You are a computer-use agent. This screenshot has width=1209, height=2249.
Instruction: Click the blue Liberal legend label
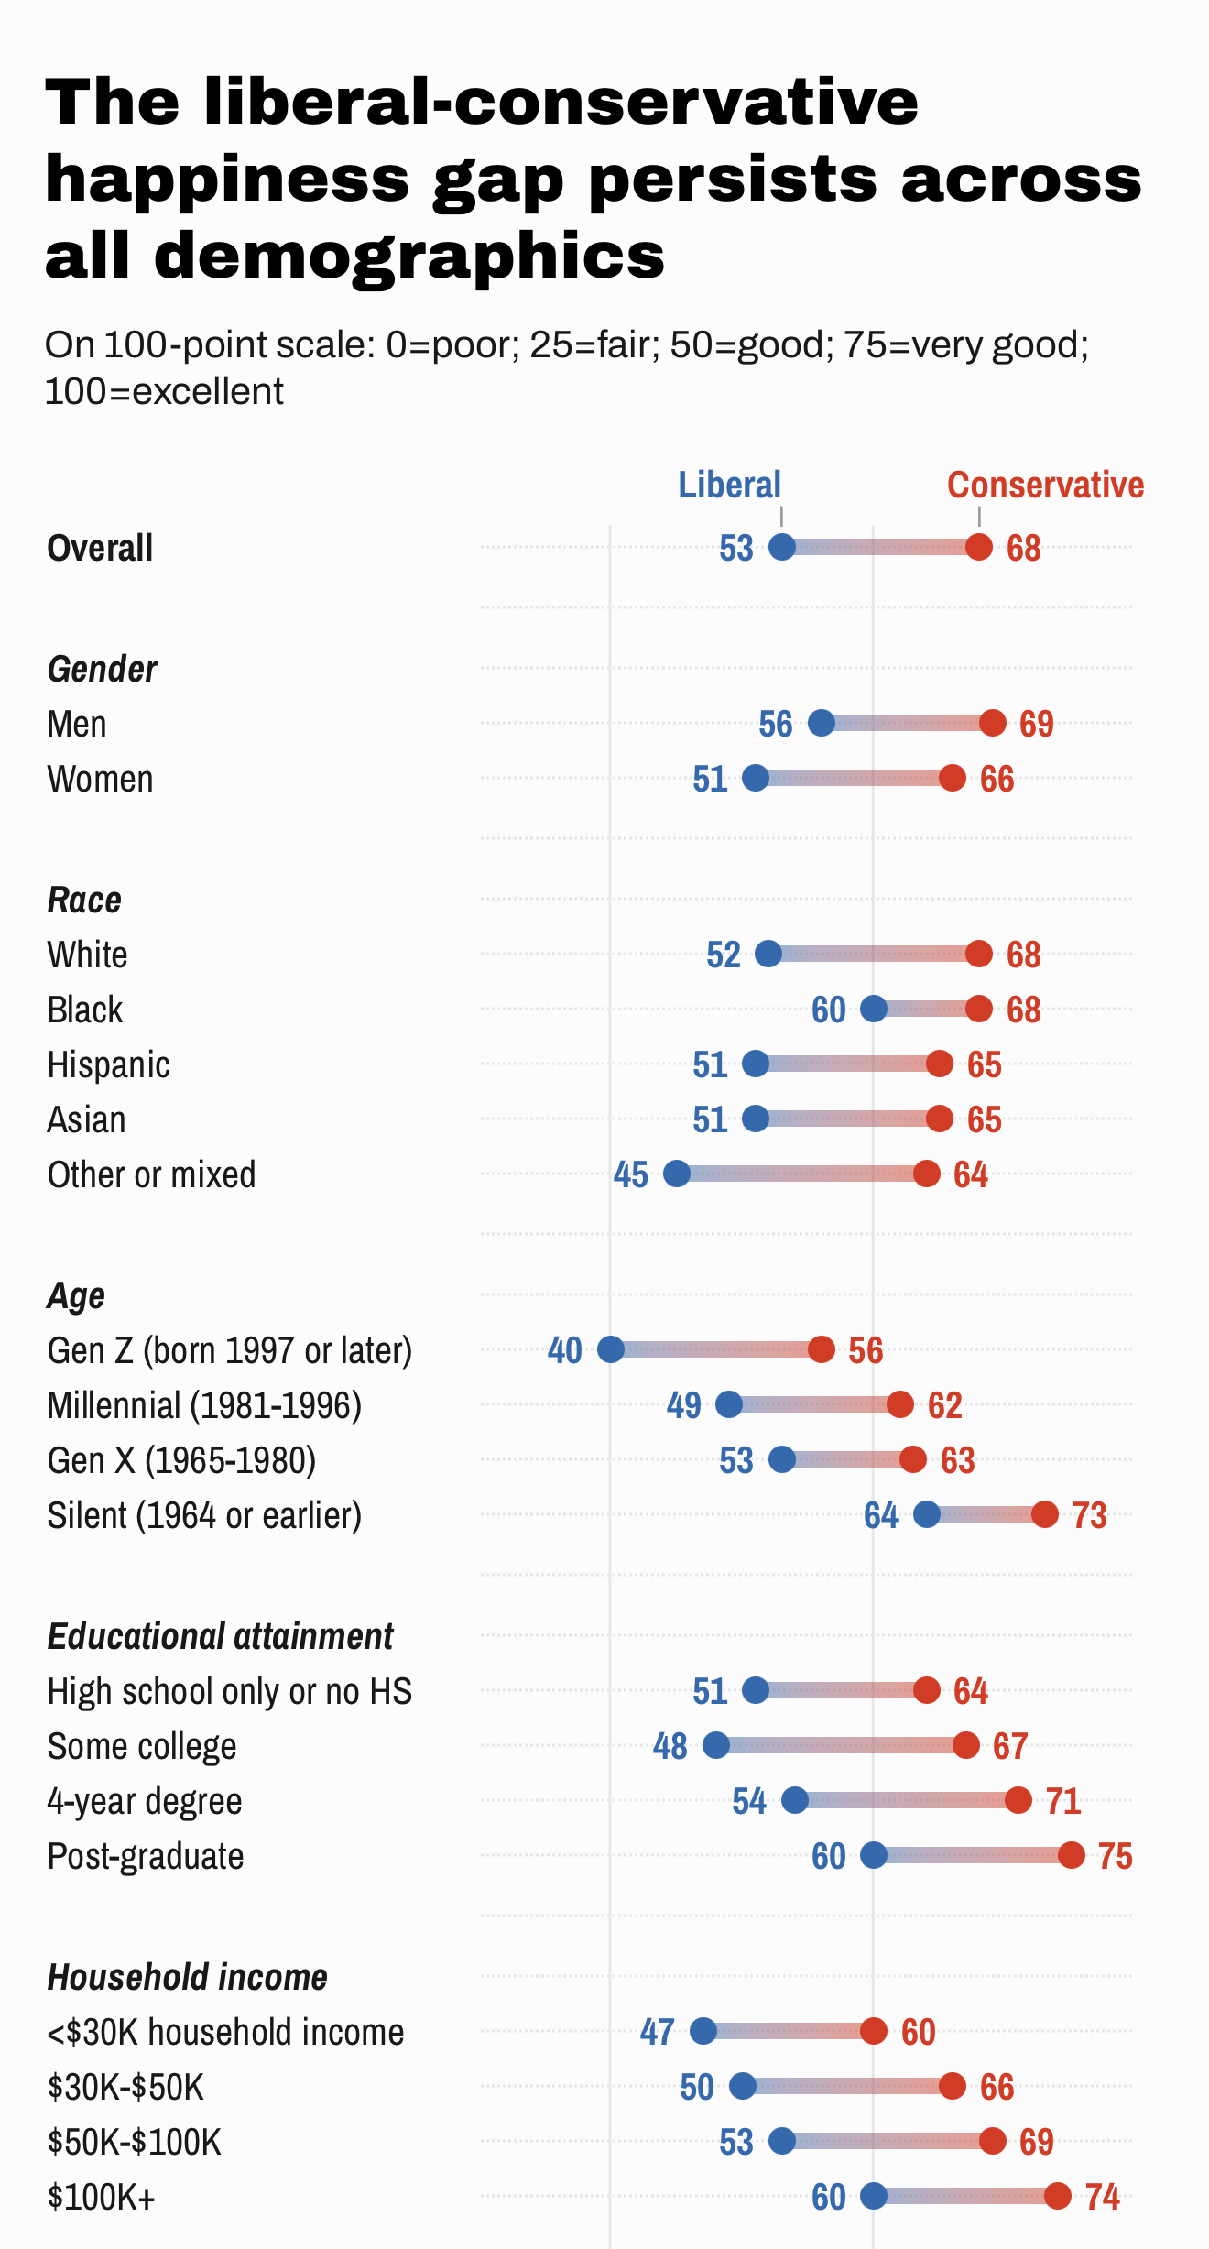point(729,485)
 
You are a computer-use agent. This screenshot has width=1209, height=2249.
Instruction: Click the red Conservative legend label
point(1045,485)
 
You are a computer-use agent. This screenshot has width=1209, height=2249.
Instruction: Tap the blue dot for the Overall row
point(781,547)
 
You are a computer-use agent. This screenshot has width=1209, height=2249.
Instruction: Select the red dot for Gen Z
point(822,1349)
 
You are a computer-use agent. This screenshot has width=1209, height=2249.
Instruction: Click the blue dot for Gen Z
point(611,1349)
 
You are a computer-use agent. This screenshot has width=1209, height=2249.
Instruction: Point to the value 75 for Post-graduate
point(1115,1856)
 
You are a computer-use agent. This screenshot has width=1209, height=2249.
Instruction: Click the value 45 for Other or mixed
point(630,1174)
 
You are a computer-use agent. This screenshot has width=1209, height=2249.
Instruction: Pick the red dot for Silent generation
point(1045,1514)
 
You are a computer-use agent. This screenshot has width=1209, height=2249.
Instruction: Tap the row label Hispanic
point(108,1064)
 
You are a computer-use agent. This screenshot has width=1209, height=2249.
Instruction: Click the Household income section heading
point(187,1977)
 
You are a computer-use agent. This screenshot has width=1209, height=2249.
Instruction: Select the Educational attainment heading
point(220,1636)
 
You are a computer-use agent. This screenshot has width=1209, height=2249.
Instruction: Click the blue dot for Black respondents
point(874,1009)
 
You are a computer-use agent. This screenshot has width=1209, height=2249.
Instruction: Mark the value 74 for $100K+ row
point(1102,2197)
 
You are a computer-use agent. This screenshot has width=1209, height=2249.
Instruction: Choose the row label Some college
point(142,1746)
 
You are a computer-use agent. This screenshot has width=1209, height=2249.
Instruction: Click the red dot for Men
point(993,723)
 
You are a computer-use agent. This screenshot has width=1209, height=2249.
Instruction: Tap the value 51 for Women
point(710,779)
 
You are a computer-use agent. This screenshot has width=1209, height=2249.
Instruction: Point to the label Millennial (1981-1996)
point(204,1405)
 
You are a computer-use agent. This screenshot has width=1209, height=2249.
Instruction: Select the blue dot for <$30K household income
point(703,2031)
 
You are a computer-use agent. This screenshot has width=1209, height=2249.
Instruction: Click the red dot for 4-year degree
point(1018,1800)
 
